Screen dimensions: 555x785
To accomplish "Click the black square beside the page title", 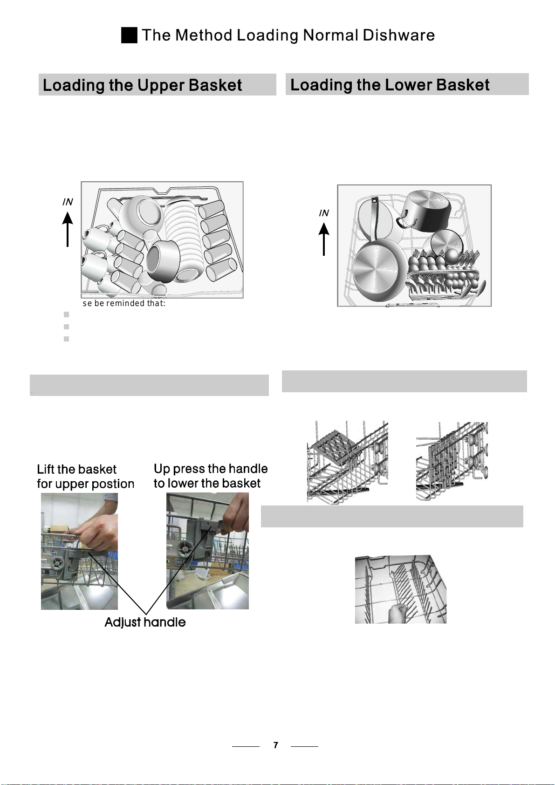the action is pos(129,35).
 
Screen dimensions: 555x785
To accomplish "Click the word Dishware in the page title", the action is pos(398,35).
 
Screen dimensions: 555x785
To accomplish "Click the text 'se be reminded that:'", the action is pos(124,303).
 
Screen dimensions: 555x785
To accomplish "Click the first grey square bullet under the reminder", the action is pos(66,314).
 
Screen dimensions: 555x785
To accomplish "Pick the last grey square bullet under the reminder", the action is pos(66,339).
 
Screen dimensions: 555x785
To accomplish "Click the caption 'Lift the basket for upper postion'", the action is pos(86,477).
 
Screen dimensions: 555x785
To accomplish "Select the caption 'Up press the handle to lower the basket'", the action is pos(210,476).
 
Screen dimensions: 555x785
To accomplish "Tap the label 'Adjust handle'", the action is pos(145,622).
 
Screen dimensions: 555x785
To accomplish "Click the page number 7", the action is pos(275,745).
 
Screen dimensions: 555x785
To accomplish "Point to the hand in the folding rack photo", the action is pos(400,613).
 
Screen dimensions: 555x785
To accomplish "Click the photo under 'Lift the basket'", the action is pos(79,551).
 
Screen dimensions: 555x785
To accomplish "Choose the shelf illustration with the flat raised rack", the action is pos(348,463).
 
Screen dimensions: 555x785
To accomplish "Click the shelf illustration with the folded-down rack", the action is pos(452,461).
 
